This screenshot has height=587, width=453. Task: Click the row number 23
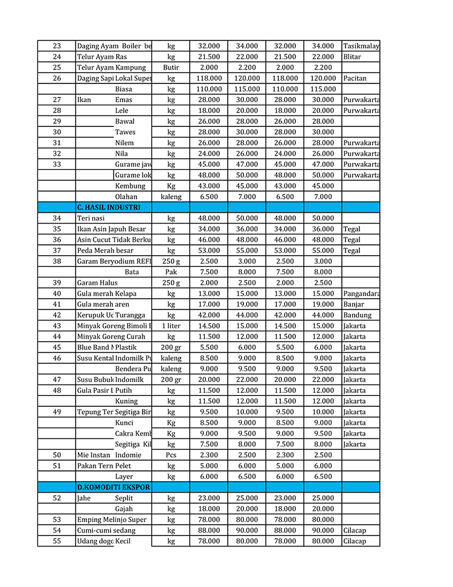pos(57,46)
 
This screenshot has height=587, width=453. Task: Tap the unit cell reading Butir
pos(171,68)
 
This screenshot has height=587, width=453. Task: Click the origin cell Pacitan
pos(355,79)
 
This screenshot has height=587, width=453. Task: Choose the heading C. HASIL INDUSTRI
pos(109,207)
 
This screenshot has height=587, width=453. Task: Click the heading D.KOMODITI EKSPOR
pos(114,487)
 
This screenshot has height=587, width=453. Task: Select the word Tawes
pos(125,132)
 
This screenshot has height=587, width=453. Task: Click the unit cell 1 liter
pos(171,326)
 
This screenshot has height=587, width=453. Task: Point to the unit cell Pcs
pos(171,455)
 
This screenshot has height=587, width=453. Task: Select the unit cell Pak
pos(171,272)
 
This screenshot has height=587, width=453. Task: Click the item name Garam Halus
pos(97,283)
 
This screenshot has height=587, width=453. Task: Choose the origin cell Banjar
pos(354,305)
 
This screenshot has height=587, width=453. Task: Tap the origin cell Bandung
pos(358,316)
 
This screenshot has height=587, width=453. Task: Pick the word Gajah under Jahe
pos(124,509)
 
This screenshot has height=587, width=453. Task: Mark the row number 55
pos(57,541)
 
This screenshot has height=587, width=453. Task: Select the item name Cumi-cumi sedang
pos(106,531)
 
